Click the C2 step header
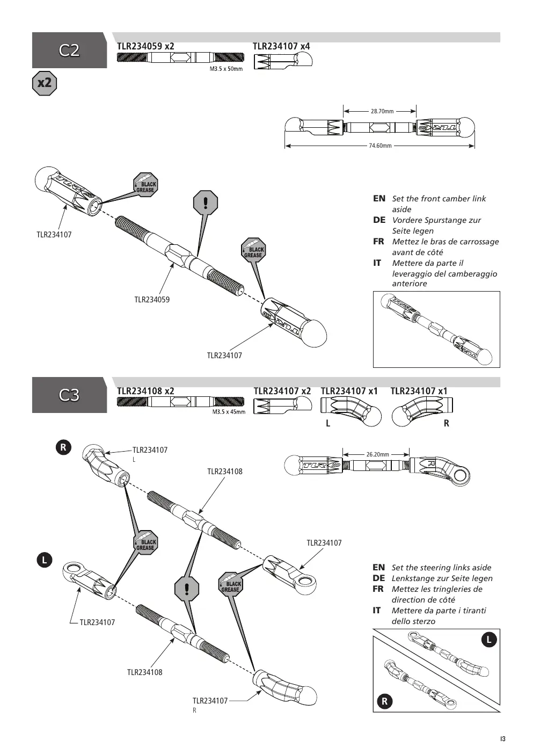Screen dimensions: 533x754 coord(69,50)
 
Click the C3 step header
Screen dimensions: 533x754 coord(69,395)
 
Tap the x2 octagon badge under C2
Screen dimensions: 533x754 coord(45,83)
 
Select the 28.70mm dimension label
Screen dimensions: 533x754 coord(382,111)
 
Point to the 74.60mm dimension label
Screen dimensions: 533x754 coord(380,146)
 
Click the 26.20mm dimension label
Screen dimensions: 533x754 coord(377,454)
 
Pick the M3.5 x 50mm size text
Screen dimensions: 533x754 coord(226,69)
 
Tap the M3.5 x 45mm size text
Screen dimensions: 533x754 coord(229,412)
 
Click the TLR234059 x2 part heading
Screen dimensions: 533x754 coord(145,46)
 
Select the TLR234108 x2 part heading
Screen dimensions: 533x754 coord(145,391)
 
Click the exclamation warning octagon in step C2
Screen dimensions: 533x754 coord(206,202)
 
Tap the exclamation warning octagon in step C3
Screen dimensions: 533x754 coord(187,589)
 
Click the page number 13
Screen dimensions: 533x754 coord(503,739)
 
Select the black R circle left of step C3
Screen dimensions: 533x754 coord(63,447)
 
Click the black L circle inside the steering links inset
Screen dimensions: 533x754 coord(489,640)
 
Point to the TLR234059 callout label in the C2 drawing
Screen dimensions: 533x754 coord(152,300)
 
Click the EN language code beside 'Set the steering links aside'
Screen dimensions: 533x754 coord(379,568)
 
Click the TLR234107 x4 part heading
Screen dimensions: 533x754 coord(281,46)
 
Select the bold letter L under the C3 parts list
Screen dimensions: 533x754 coord(328,423)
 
